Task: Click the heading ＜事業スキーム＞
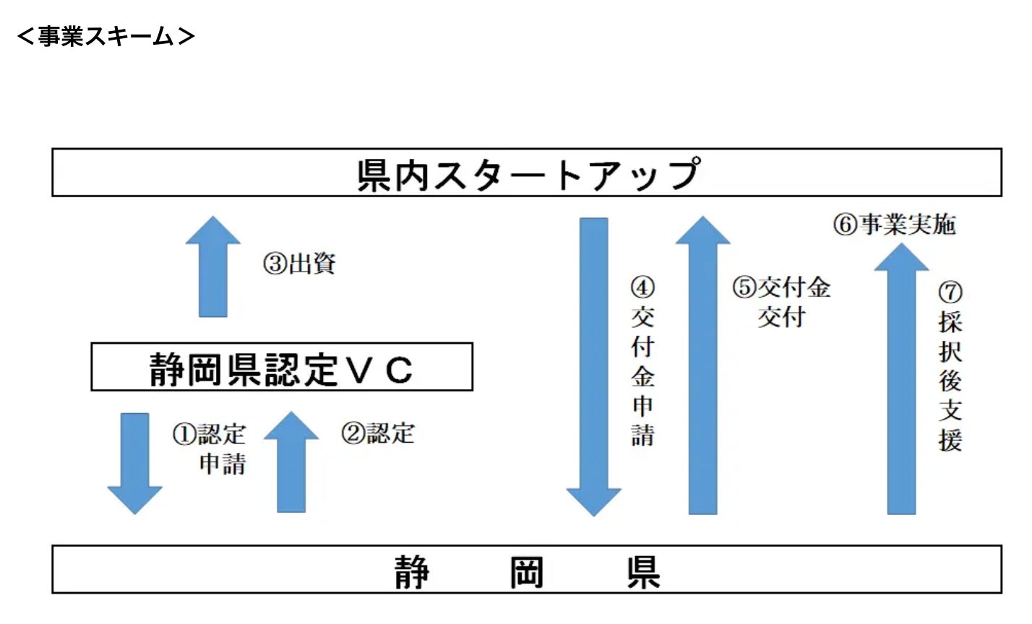click(x=106, y=36)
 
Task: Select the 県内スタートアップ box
click(x=526, y=173)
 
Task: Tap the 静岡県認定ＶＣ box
click(x=281, y=368)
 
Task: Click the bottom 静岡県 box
click(x=526, y=570)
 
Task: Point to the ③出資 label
click(x=299, y=264)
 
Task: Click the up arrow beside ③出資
click(x=212, y=267)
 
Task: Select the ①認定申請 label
click(x=210, y=448)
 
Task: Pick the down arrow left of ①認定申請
click(x=134, y=462)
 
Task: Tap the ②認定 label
click(x=378, y=433)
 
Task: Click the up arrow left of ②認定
click(x=291, y=462)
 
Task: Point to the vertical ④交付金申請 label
click(x=642, y=361)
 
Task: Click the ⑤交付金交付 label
click(x=782, y=302)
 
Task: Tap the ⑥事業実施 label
click(x=895, y=225)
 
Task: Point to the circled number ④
click(x=642, y=288)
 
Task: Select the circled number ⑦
click(x=950, y=292)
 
